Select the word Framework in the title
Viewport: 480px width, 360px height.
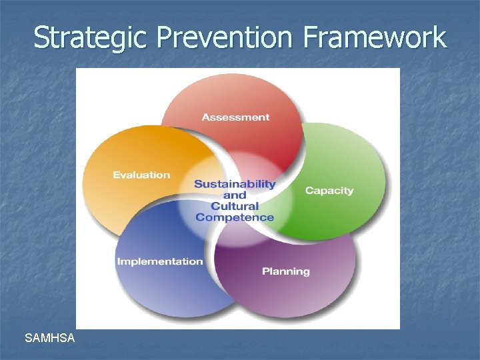coord(374,37)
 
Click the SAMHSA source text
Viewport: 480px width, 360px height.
coord(49,339)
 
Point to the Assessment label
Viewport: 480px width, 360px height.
coord(235,117)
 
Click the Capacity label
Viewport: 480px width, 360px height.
coord(329,191)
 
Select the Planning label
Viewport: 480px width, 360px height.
coord(285,271)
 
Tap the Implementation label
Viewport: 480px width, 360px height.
coord(160,261)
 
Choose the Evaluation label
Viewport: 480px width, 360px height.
coord(141,175)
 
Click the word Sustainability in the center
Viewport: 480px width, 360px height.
coord(235,184)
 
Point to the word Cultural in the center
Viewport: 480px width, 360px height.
coord(235,206)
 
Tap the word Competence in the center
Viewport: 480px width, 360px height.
coord(235,217)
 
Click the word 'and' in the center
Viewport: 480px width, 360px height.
coord(235,195)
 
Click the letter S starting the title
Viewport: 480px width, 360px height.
coord(41,37)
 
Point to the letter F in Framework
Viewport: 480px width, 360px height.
coord(310,37)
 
